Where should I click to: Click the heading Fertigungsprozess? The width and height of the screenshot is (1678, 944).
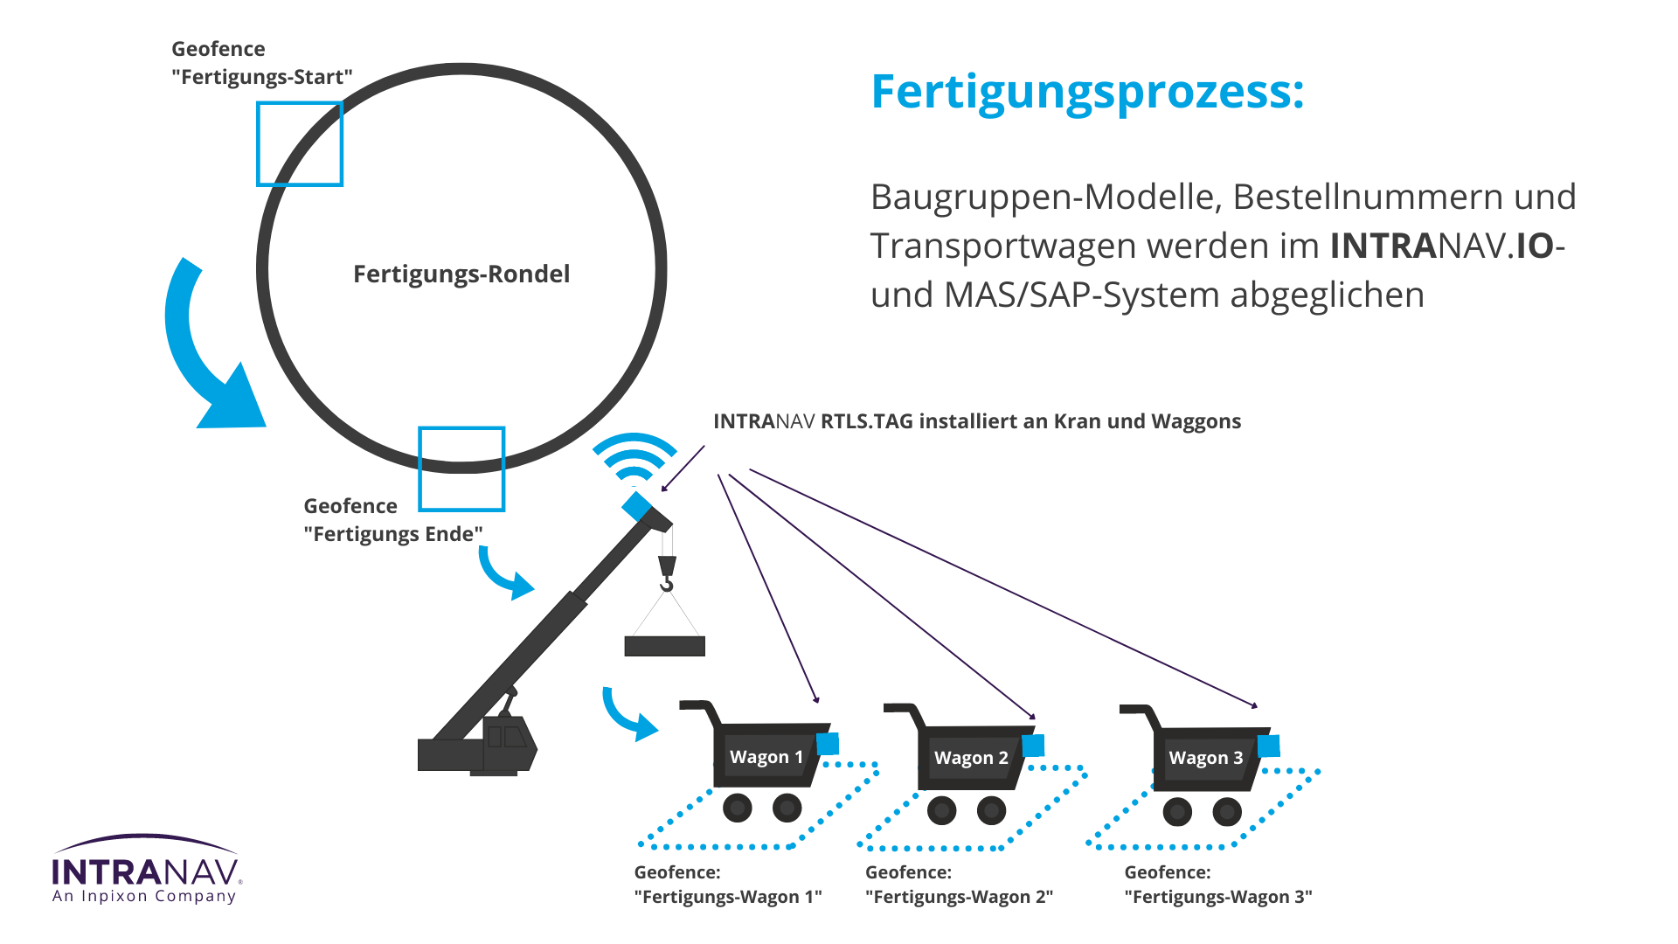[1087, 92]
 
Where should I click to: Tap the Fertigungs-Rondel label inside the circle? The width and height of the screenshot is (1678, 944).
[461, 274]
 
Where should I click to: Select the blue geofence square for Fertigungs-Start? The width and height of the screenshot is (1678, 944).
[299, 144]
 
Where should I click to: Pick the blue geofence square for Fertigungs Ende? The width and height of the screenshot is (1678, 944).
[461, 469]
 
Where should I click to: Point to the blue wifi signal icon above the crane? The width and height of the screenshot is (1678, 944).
[634, 457]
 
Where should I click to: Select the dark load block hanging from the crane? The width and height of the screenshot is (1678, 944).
[664, 646]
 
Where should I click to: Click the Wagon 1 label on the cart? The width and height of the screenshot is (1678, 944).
[766, 757]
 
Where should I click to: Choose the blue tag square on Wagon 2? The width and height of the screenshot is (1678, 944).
[1033, 746]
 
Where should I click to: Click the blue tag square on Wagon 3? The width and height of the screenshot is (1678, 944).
[1268, 746]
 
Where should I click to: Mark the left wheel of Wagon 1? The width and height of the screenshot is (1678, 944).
[738, 808]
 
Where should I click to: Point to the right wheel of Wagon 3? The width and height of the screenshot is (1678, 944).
[1227, 812]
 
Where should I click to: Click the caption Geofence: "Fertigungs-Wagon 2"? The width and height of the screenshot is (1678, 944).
[959, 885]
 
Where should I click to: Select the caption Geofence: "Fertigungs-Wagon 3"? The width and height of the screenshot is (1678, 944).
[1217, 885]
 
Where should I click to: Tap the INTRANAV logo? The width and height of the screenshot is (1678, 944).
[145, 870]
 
